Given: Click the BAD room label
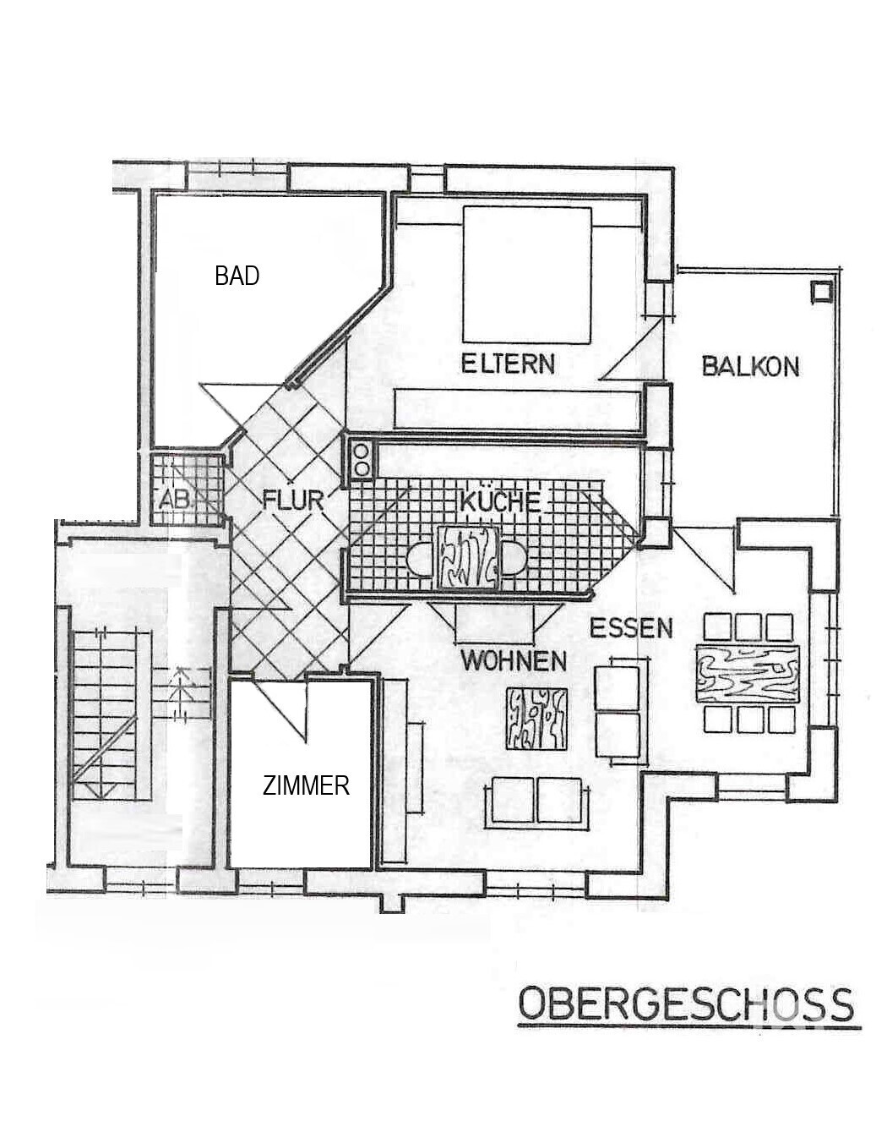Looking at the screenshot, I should point(237,276).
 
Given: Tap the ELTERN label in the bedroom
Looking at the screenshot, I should point(508,364).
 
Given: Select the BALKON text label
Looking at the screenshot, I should point(750,366).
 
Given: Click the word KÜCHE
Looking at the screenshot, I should point(499,501).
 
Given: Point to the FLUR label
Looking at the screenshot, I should point(293,500).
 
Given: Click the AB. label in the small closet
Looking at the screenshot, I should point(175,500).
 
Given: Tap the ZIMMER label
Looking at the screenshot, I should point(306,786).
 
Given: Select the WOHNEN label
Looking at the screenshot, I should point(514,660).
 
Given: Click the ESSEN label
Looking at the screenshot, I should point(631,628).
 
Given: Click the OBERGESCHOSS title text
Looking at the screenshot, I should point(685,1005).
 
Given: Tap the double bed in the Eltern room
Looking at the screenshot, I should point(526,274).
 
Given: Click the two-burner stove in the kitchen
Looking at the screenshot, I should point(362,459).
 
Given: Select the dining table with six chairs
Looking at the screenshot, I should point(748,673).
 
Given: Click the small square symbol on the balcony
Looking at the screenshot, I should point(820,292).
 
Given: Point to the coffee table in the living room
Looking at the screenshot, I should point(536,719).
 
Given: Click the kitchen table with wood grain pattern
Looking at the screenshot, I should point(466,555).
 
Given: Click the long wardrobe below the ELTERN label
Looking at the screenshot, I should point(517,408).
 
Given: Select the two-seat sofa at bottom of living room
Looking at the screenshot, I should point(536,799).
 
